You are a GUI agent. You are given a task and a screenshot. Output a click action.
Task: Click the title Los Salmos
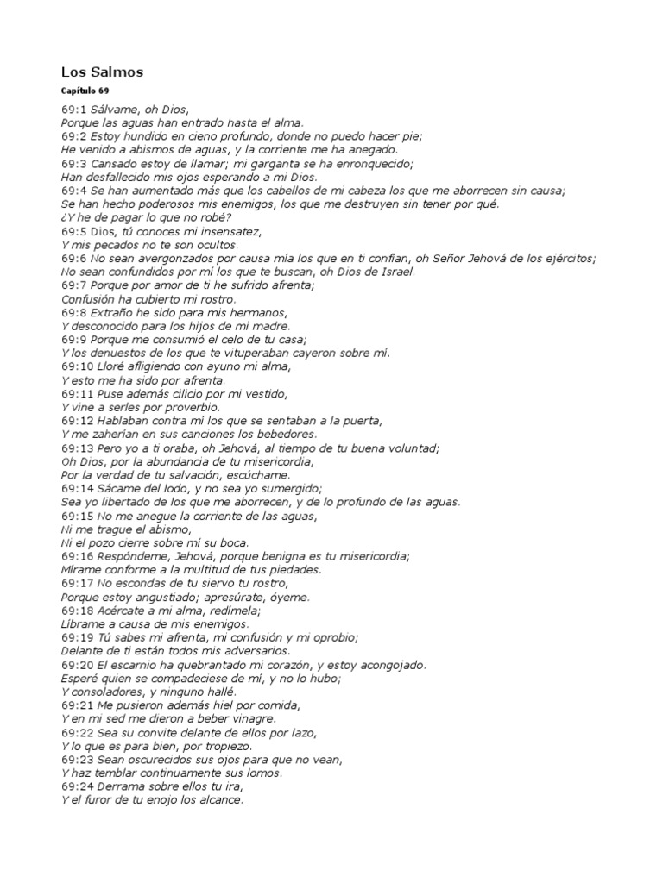click(x=102, y=72)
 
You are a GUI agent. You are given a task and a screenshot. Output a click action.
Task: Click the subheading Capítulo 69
click(x=85, y=91)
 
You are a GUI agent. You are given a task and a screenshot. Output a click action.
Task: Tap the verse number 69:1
click(x=75, y=110)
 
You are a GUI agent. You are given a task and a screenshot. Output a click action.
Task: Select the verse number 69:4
click(x=75, y=191)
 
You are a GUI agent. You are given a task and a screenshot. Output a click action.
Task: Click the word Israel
click(x=394, y=272)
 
